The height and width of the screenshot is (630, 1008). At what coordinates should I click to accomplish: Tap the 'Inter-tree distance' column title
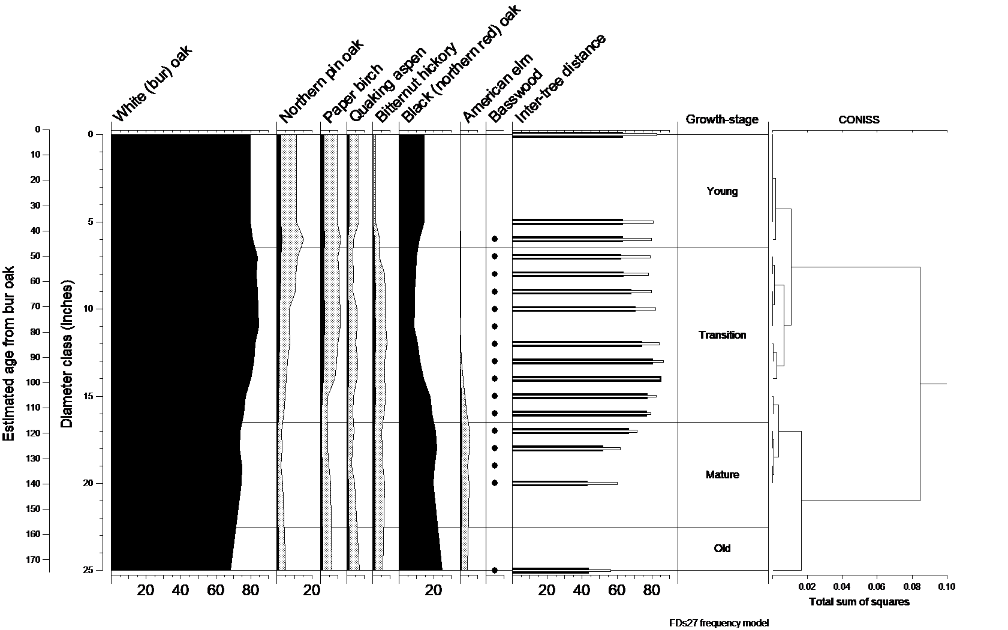pyautogui.click(x=560, y=79)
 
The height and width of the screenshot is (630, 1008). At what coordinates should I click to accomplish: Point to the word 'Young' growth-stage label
pyautogui.click(x=722, y=191)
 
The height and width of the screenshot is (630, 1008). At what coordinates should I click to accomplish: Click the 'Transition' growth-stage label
pyautogui.click(x=722, y=335)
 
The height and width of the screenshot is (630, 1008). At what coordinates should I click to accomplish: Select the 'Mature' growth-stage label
pyautogui.click(x=722, y=475)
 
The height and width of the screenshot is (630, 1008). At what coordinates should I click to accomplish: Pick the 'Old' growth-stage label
pyautogui.click(x=722, y=548)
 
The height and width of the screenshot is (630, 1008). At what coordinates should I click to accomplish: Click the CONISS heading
pyautogui.click(x=859, y=120)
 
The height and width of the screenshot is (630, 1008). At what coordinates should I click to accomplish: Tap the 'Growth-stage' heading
pyautogui.click(x=722, y=119)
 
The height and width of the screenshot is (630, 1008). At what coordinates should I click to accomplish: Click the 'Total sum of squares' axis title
pyautogui.click(x=859, y=602)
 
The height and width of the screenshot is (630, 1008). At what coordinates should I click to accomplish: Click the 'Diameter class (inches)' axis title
pyautogui.click(x=67, y=354)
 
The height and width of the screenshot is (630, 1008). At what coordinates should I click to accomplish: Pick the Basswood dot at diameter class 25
pyautogui.click(x=495, y=570)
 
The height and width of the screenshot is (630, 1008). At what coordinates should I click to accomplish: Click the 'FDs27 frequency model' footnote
pyautogui.click(x=718, y=623)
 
